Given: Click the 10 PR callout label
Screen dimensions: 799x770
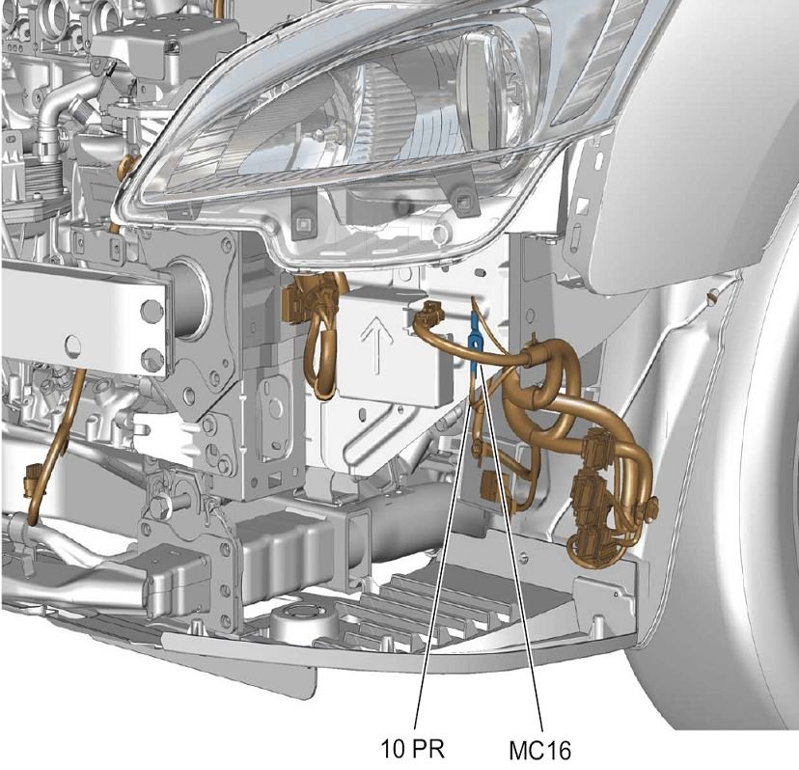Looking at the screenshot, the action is tap(413, 749).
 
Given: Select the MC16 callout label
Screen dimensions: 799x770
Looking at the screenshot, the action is tap(540, 750).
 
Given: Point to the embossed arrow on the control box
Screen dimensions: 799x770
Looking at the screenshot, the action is tap(376, 343).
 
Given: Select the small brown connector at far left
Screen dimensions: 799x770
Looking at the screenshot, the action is tap(32, 478).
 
